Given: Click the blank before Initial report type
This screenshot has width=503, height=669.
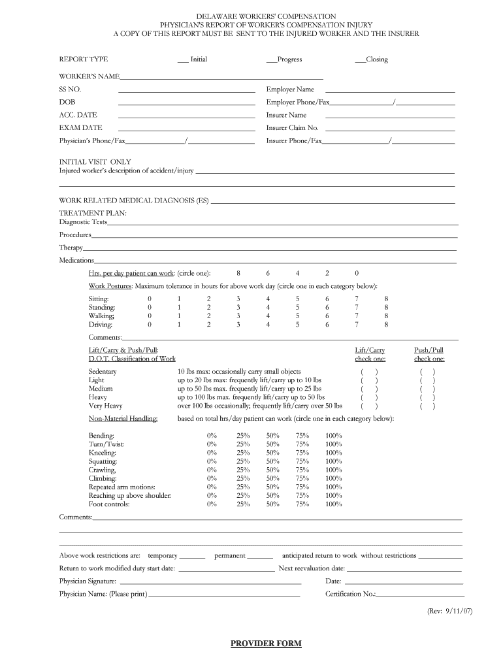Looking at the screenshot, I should click(183, 59).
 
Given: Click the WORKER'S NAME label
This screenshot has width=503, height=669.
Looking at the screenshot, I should click(89, 76).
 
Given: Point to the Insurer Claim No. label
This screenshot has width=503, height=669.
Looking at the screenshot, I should click(292, 128).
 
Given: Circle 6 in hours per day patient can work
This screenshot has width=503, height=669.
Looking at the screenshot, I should click(268, 273).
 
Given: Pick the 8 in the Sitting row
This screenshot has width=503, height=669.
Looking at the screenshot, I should click(386, 299).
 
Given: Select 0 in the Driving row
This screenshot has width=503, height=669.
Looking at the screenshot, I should click(150, 324).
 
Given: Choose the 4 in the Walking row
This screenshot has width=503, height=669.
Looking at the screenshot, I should click(268, 316).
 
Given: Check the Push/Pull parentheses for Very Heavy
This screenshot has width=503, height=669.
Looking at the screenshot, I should click(428, 406).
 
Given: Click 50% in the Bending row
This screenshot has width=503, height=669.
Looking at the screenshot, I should click(272, 436).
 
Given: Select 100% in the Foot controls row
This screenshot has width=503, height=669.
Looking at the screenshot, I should click(333, 504).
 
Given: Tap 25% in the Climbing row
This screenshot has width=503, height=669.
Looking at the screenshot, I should click(243, 478).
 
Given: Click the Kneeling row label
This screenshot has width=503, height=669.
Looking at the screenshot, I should click(103, 453).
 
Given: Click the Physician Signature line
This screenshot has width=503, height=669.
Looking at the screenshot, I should click(210, 581).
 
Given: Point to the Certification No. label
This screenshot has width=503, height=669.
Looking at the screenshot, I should click(350, 594).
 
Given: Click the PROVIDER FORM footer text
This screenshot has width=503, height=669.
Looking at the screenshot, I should click(266, 644).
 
